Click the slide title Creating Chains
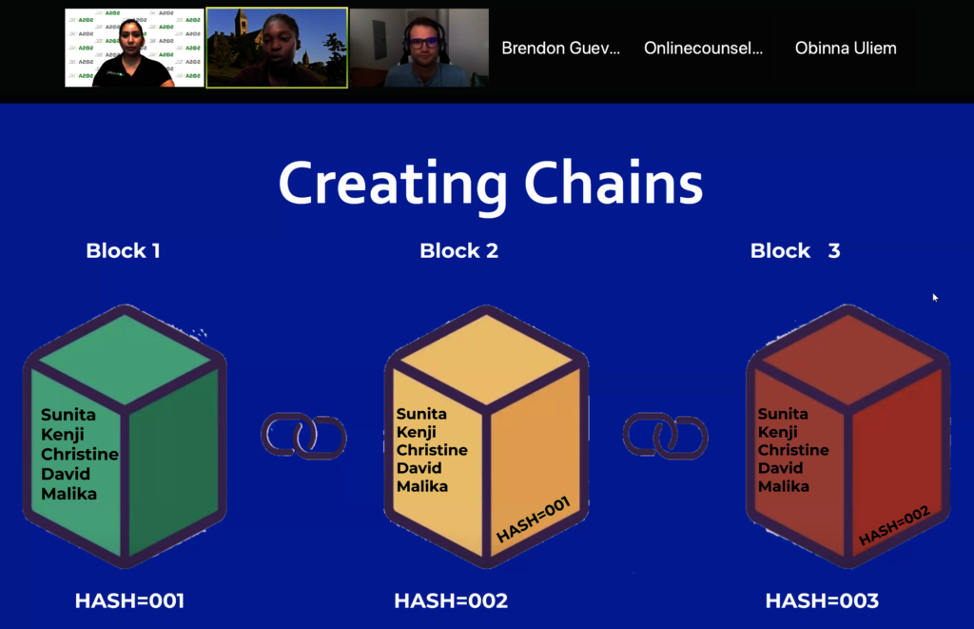click(x=490, y=184)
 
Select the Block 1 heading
click(x=123, y=251)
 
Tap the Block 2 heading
click(x=458, y=251)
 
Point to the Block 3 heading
click(x=795, y=251)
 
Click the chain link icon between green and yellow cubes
click(x=303, y=436)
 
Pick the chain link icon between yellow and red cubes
click(x=665, y=436)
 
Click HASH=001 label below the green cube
click(x=129, y=600)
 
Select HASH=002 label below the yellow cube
click(x=451, y=600)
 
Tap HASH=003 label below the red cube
click(x=822, y=600)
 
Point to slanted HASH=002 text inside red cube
click(x=894, y=526)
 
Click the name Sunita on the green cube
click(x=68, y=415)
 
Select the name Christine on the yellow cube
click(x=432, y=450)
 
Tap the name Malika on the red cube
click(x=784, y=486)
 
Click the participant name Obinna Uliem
click(x=846, y=48)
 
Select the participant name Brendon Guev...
click(x=560, y=48)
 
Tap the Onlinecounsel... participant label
click(x=703, y=48)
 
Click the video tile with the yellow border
click(x=277, y=48)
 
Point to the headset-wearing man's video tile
click(x=419, y=48)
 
